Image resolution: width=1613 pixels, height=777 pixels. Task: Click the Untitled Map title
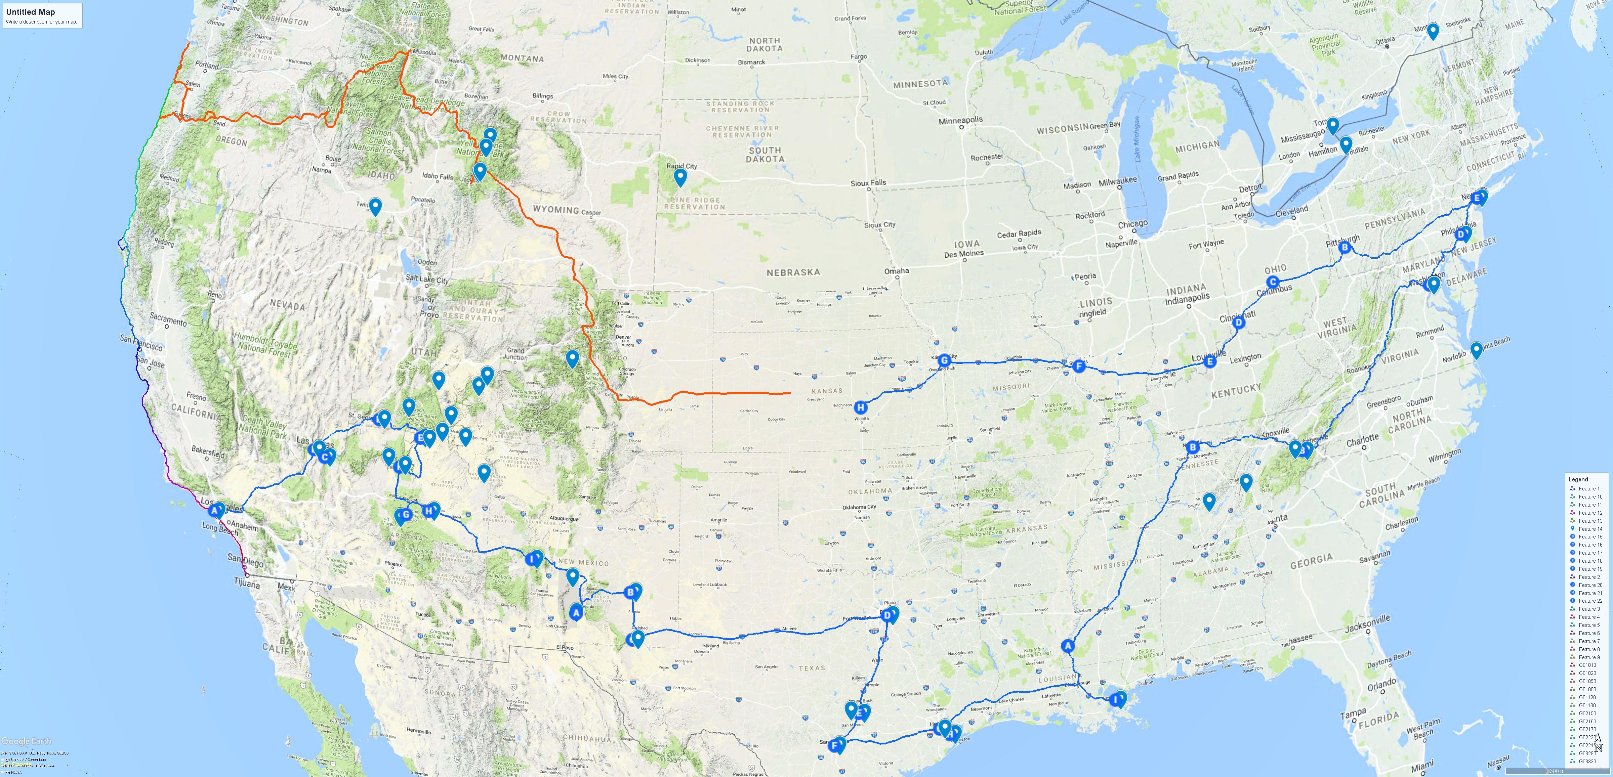30,12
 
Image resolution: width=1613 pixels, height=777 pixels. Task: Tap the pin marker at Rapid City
680,177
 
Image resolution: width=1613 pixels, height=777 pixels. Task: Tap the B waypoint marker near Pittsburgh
1344,247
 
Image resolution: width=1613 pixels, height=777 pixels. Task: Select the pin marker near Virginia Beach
1476,349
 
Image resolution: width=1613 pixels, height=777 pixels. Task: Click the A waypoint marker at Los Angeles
214,510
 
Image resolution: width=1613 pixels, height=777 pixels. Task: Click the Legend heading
1578,479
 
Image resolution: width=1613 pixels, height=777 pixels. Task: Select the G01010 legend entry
1587,665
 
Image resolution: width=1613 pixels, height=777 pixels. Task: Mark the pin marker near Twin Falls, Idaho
375,206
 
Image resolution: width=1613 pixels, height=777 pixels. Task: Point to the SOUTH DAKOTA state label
764,155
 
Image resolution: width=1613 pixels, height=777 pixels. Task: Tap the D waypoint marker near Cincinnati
1238,323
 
